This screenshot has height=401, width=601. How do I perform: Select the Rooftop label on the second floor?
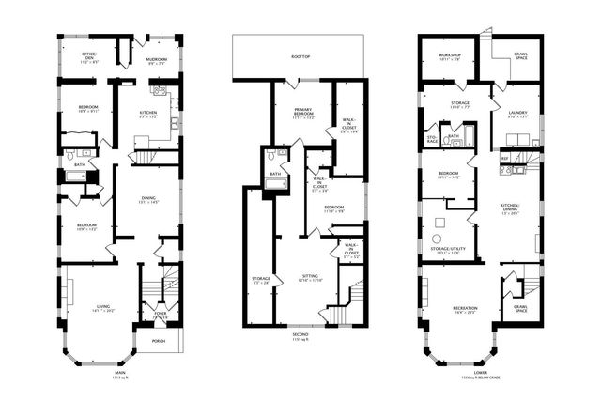300,57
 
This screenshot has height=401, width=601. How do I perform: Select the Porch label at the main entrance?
159,340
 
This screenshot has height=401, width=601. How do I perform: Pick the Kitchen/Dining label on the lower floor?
511,210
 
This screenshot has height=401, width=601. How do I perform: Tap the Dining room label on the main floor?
149,199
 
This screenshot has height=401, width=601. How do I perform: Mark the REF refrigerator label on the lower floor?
503,159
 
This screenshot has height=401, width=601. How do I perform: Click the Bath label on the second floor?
275,174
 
